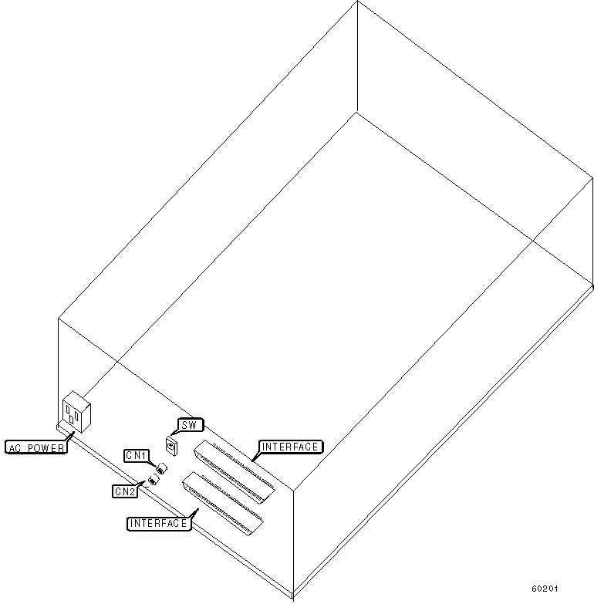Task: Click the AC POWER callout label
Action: coord(36,447)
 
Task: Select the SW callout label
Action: coord(191,424)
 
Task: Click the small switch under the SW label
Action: coord(171,444)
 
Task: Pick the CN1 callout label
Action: coord(137,456)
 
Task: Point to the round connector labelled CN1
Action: coord(161,468)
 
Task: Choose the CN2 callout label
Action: coord(125,491)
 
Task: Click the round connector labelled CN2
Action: coord(153,480)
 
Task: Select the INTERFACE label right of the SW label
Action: coord(291,447)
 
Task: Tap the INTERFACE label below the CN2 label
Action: coord(158,523)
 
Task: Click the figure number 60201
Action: coord(545,589)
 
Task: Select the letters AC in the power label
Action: coord(15,447)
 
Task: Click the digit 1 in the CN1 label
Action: coord(144,456)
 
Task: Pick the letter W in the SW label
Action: coord(195,424)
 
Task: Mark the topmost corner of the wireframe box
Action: coord(357,2)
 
